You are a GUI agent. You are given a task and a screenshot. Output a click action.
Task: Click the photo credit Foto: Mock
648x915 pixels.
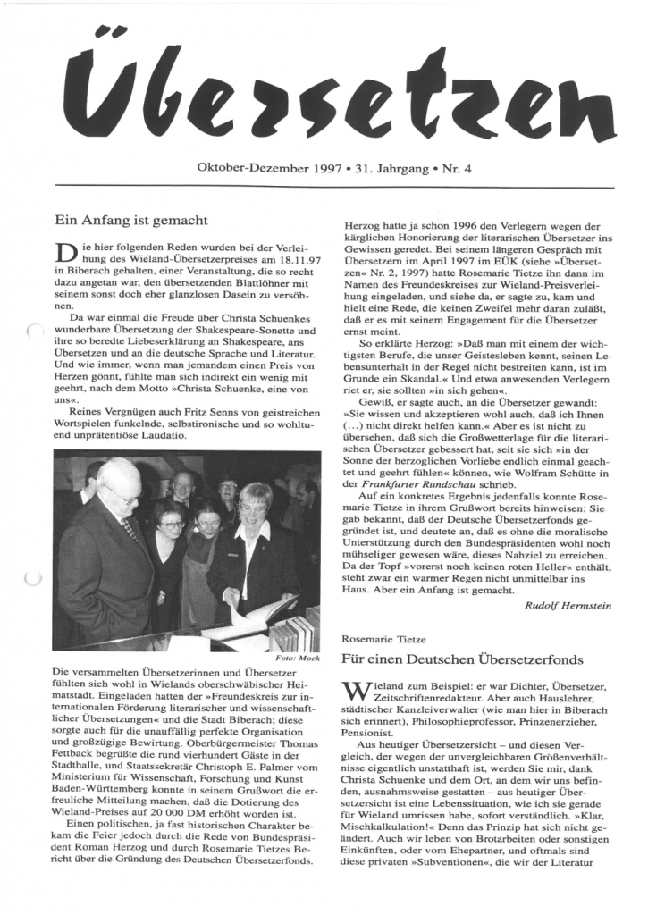coord(299,657)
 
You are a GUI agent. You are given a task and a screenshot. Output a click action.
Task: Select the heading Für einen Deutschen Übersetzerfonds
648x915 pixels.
coord(462,659)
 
